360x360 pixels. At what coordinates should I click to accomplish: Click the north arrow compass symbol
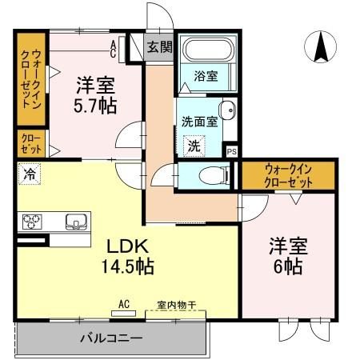click(x=322, y=47)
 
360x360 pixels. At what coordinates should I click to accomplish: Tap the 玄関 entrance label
click(x=160, y=47)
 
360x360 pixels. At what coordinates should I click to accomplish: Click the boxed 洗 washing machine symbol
click(x=194, y=146)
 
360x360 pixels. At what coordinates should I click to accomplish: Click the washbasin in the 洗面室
click(x=226, y=113)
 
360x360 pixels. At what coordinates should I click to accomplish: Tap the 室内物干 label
click(x=175, y=304)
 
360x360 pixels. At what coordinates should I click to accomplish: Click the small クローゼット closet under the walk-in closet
click(x=33, y=144)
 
